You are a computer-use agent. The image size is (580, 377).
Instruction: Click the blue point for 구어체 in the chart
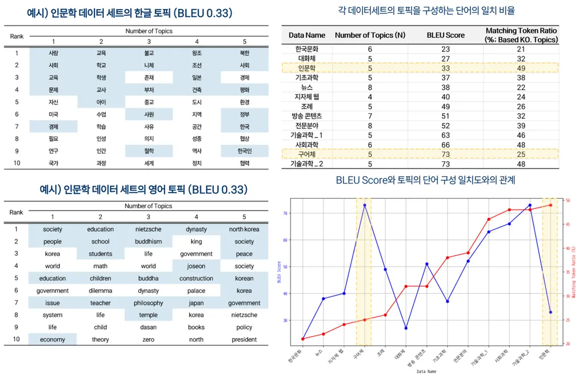tap(365, 205)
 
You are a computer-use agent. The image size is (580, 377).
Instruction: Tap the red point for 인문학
tap(550, 205)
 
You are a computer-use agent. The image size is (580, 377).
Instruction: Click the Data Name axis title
tap(427, 371)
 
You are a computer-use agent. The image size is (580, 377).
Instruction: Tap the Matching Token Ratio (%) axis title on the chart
tap(574, 272)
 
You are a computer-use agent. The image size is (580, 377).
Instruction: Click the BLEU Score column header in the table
tap(446, 35)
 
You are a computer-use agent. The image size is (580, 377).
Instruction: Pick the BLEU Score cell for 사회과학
tap(445, 144)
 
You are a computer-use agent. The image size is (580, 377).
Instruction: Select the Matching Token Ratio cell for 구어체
tap(521, 154)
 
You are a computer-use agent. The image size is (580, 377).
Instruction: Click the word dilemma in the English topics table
tap(100, 290)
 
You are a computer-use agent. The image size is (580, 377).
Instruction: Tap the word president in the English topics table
tap(244, 340)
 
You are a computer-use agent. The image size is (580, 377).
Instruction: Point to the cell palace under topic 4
tap(196, 290)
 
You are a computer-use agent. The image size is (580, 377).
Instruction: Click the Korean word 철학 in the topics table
tap(149, 151)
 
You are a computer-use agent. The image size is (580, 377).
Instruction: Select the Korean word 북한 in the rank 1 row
tap(244, 53)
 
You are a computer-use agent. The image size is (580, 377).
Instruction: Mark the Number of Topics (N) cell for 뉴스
tap(370, 87)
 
